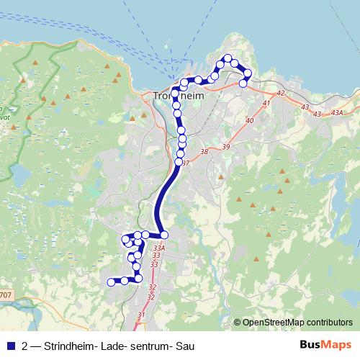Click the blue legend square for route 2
(x=10, y=345)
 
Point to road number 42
(x=280, y=94)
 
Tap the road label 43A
(x=338, y=112)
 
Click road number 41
(x=266, y=104)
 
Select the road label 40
(x=250, y=120)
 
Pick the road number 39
(x=226, y=147)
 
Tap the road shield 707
(x=6, y=295)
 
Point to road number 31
(x=141, y=315)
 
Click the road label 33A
(x=159, y=248)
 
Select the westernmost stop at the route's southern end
(x=111, y=282)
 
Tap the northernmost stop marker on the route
(x=228, y=58)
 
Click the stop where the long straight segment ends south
(x=164, y=235)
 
